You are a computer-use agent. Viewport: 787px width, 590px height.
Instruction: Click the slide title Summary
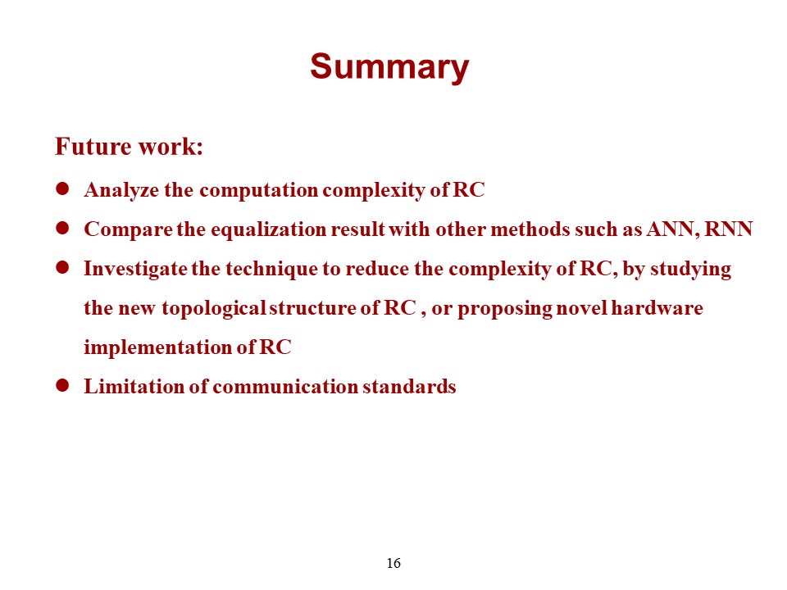point(389,66)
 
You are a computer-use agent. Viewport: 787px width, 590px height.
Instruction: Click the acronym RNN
point(728,229)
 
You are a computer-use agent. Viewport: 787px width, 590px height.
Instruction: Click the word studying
point(690,269)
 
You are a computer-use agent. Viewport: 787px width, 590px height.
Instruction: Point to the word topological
point(214,308)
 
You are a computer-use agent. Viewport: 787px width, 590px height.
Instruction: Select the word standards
point(409,386)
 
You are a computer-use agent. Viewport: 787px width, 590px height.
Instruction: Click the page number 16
point(393,564)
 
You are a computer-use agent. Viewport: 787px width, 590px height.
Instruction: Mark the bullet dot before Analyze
point(62,188)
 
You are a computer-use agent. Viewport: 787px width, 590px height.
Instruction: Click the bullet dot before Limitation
point(62,385)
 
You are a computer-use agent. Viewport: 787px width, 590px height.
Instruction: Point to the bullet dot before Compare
point(62,229)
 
